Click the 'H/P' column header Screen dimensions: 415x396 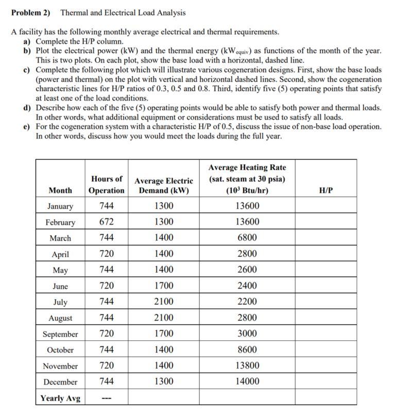tap(326, 190)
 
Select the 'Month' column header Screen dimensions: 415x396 tap(60, 190)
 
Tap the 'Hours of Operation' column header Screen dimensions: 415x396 tap(107, 185)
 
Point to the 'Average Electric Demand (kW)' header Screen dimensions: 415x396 tap(164, 186)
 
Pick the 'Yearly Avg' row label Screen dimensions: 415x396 tap(60, 399)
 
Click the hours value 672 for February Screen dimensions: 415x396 tap(107, 222)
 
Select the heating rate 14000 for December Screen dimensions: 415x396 tap(247, 382)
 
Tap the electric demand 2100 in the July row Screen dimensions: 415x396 tap(164, 302)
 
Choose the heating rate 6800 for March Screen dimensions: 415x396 tap(247, 238)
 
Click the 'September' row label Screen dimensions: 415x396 tap(60, 334)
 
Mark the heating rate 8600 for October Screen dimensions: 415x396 tap(247, 350)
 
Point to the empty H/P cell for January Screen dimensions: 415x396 tap(326, 206)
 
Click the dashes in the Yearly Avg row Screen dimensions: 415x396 tap(107, 399)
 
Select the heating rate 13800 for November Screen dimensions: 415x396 tap(247, 366)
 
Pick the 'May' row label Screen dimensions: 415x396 tap(60, 270)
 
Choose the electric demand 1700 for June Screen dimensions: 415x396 tap(164, 286)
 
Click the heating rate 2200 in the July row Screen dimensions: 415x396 tap(247, 302)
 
